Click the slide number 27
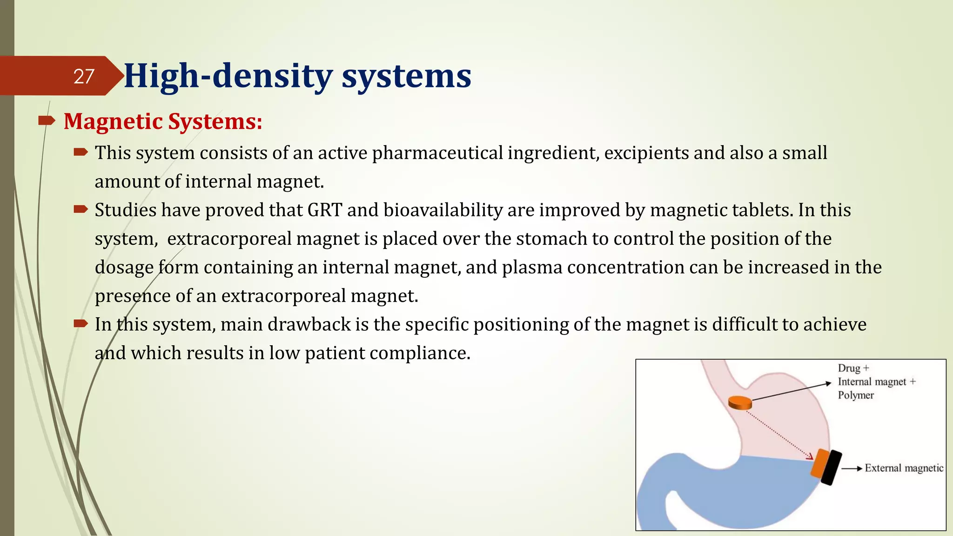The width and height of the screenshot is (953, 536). pos(84,76)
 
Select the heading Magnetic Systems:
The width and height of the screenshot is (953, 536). pos(163,121)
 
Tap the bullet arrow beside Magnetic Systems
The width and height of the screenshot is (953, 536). pos(47,121)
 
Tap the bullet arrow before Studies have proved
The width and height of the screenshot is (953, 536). pos(81,210)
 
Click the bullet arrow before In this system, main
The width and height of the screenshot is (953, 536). pos(81,324)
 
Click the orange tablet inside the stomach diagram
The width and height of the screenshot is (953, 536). pos(740,402)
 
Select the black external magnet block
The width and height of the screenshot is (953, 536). pos(831,468)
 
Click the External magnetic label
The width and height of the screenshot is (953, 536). pos(904,468)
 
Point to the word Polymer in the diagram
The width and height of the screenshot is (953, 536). pos(856,395)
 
